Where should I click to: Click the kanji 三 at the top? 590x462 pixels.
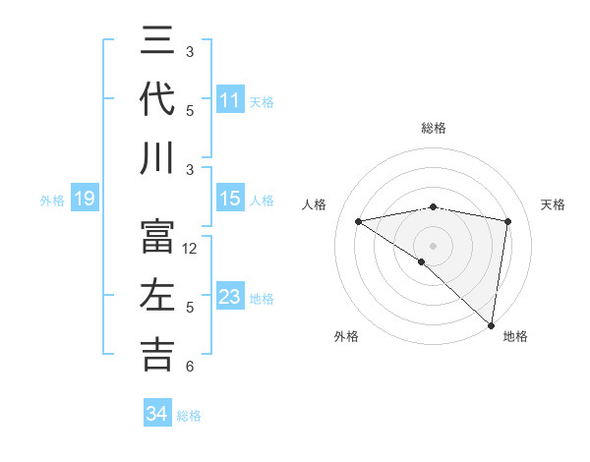[157, 41]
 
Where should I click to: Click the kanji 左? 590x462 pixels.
[157, 296]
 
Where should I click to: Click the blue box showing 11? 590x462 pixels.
[229, 99]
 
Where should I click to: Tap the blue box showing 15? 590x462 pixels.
[229, 199]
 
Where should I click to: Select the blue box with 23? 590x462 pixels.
[229, 297]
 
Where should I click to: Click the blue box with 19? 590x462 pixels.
[84, 200]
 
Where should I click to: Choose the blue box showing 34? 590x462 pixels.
[156, 414]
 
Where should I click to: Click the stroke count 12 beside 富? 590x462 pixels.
[190, 249]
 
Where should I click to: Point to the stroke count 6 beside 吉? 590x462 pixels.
[190, 367]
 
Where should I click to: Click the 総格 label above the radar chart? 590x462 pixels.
[433, 128]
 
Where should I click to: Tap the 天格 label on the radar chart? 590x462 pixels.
[554, 204]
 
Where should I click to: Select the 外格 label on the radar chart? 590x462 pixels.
[345, 336]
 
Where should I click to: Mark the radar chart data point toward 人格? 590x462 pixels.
[358, 221]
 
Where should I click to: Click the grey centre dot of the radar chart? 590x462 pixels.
[433, 244]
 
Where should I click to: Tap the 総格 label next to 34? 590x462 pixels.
[189, 416]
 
